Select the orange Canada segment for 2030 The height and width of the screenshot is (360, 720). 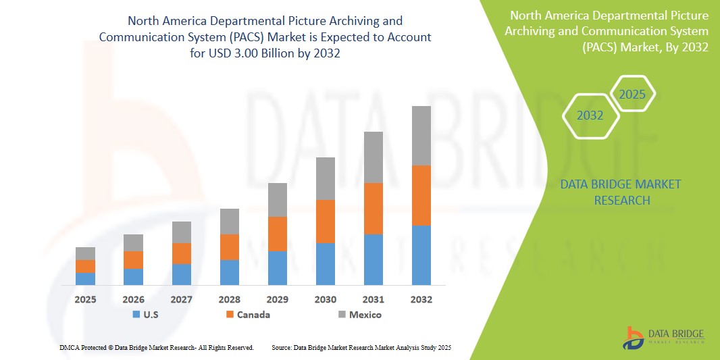[x=325, y=222]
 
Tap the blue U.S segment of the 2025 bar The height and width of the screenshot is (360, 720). [x=85, y=279]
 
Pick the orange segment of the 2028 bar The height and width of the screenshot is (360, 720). [x=229, y=247]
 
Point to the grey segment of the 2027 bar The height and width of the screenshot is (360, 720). [x=181, y=232]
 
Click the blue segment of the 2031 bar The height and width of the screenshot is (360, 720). [x=373, y=259]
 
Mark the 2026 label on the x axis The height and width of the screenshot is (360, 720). [x=133, y=299]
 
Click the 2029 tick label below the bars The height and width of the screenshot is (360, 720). [x=277, y=299]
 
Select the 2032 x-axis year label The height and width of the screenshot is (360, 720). [x=421, y=299]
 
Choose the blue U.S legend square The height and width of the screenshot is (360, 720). [x=136, y=315]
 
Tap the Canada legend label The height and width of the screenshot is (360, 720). [x=253, y=315]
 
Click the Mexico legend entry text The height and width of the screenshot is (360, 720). [x=365, y=315]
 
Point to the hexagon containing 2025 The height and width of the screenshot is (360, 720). [x=632, y=95]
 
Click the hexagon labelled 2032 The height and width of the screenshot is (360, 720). [x=590, y=115]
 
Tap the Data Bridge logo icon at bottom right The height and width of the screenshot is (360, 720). [x=633, y=338]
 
